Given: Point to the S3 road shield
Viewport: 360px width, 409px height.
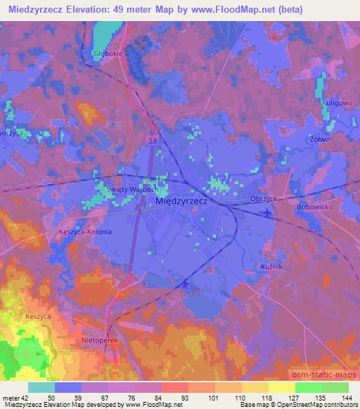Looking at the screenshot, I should (x=152, y=141).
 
